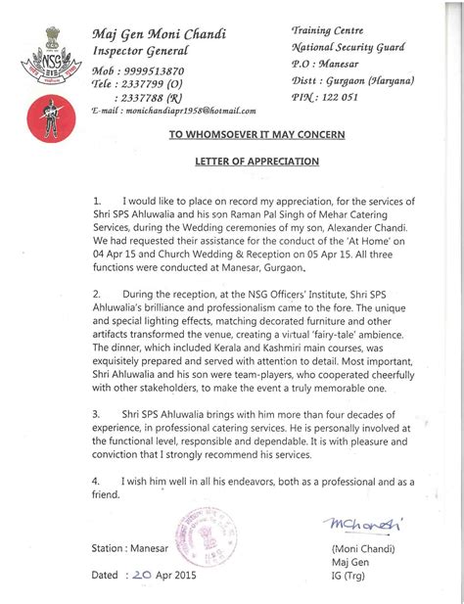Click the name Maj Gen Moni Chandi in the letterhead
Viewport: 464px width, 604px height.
coord(159,34)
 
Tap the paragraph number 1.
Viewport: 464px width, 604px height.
coord(95,200)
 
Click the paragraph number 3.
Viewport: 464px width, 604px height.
coord(95,414)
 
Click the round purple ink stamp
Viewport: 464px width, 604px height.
coord(202,542)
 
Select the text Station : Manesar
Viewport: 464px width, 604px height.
coord(133,548)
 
